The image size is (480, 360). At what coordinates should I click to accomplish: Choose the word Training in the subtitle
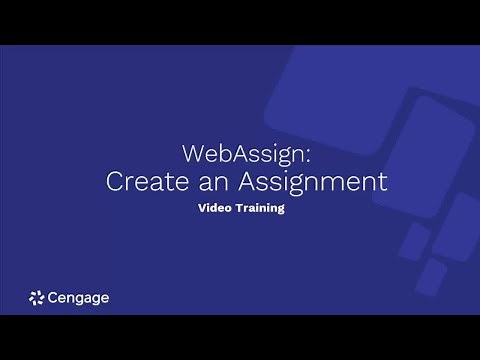[260, 210]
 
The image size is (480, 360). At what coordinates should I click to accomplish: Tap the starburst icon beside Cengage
[37, 297]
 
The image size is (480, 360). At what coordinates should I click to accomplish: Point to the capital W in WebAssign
[193, 154]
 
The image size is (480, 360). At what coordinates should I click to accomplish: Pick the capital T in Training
[238, 210]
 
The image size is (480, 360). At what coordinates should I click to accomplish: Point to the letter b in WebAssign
[218, 154]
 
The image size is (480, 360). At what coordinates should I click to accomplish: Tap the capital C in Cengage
[54, 297]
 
